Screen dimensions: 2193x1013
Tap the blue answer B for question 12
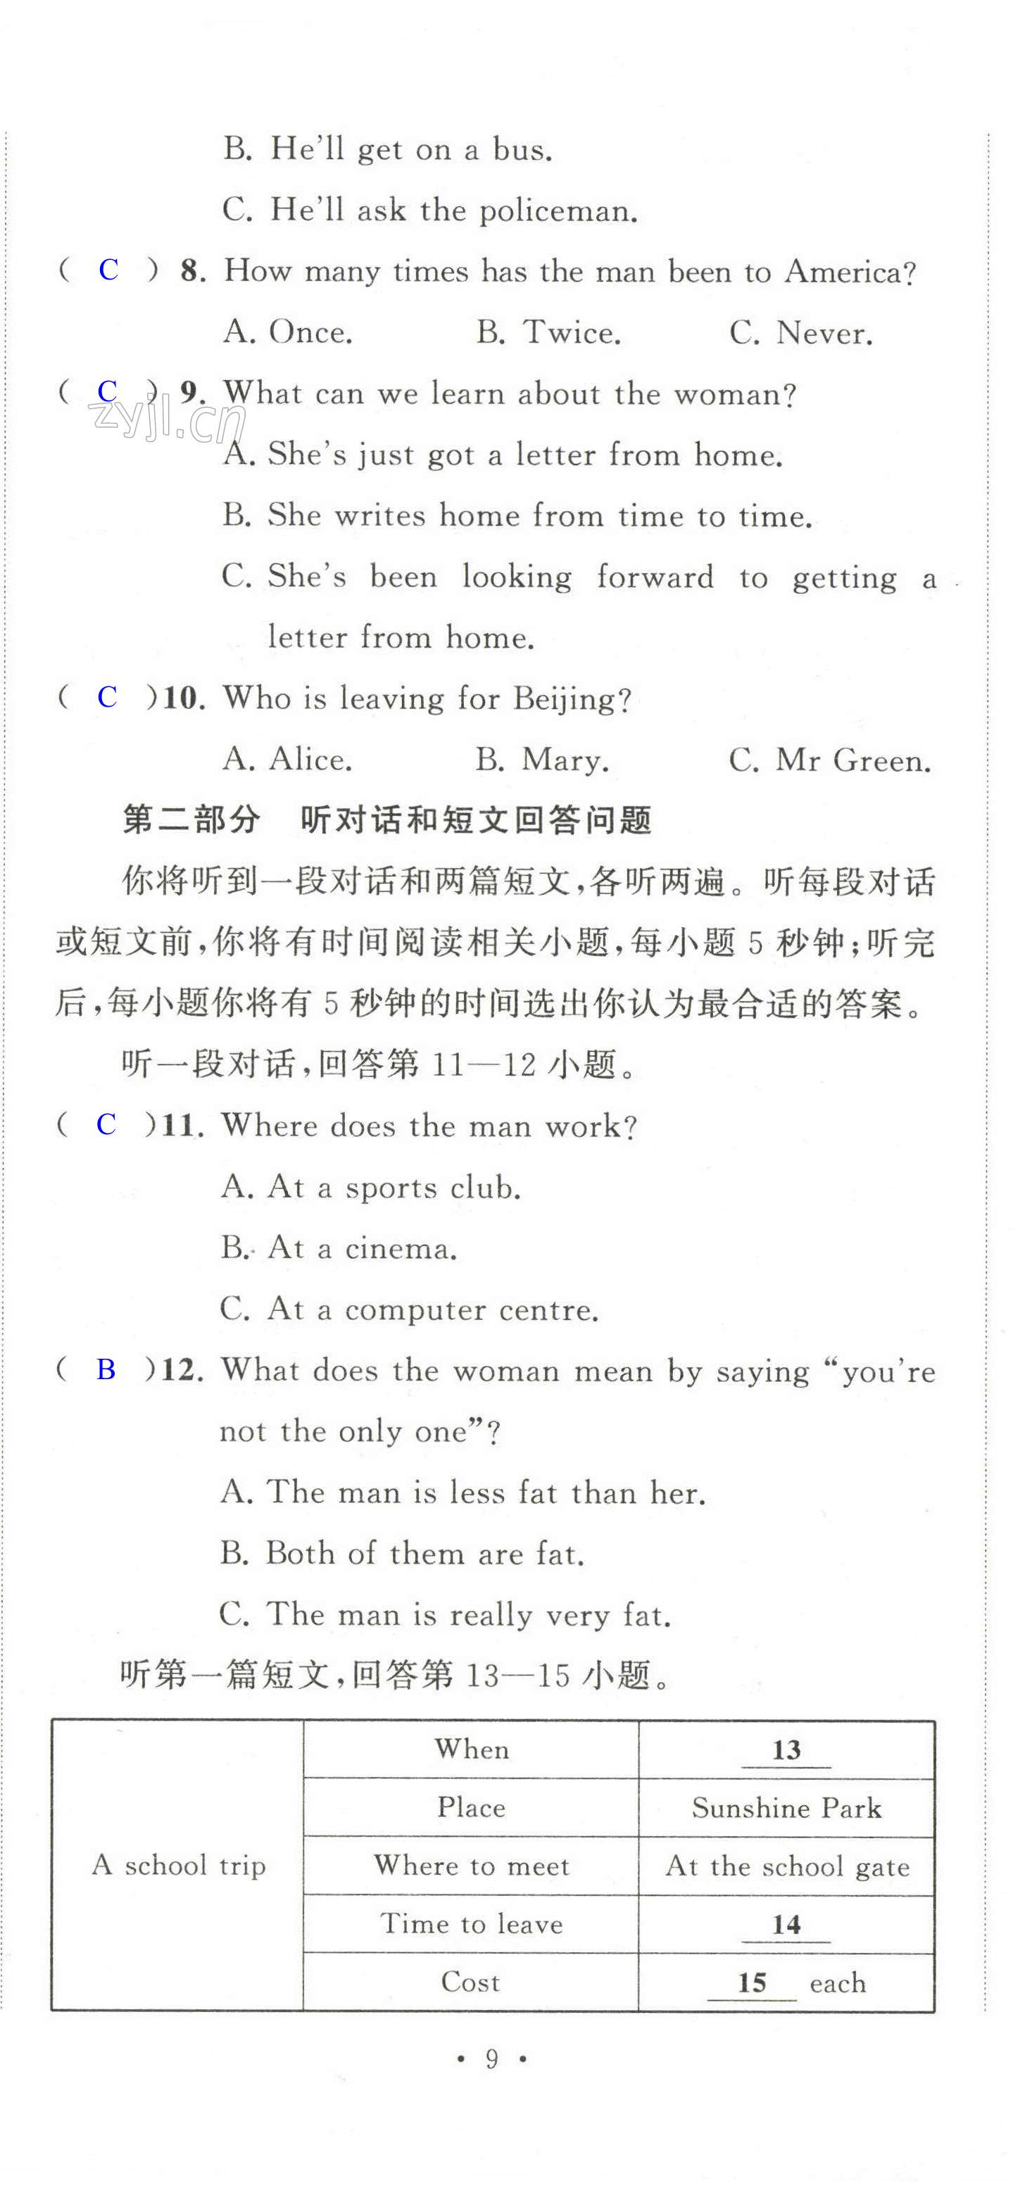106,1370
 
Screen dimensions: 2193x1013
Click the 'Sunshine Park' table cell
786,1807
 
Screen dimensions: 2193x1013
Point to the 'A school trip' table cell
179,1865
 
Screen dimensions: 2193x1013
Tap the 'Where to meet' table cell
472,1865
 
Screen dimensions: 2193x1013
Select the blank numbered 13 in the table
786,1750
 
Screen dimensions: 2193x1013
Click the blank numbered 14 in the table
786,1924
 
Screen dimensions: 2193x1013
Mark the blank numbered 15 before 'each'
752,1983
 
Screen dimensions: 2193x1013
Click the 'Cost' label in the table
471,1982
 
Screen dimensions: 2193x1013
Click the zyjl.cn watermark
166,420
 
